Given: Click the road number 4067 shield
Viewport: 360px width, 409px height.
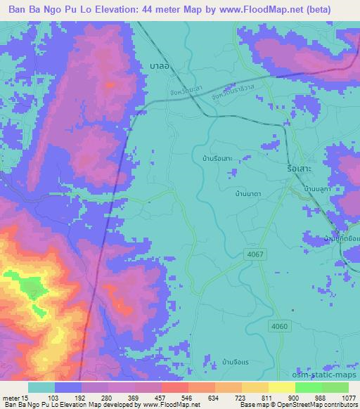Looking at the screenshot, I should point(256,254).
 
